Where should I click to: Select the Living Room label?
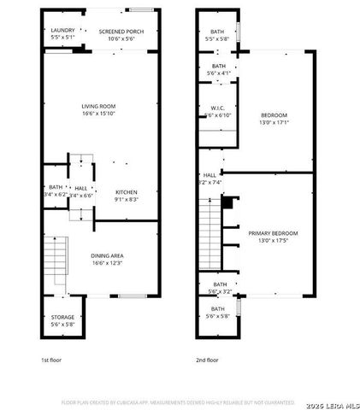(99, 106)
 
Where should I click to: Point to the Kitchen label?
(127, 192)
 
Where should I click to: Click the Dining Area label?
(108, 255)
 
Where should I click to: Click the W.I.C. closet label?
(218, 108)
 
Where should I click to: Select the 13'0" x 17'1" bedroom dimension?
(274, 120)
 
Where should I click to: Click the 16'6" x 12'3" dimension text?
(108, 262)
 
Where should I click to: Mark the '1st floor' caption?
(52, 360)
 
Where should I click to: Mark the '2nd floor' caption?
(207, 360)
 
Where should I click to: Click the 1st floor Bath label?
(56, 187)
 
